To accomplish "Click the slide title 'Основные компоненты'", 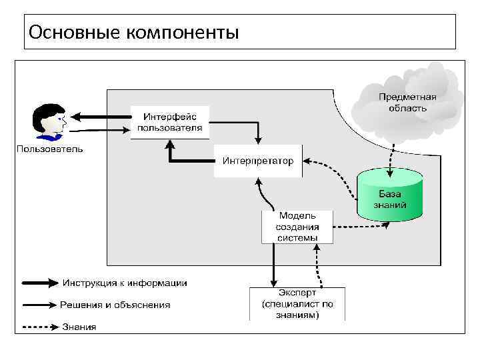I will [x=134, y=31].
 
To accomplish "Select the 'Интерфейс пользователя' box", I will [x=169, y=122].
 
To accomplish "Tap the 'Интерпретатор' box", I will [x=257, y=161].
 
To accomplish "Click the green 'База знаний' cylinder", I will [x=389, y=195].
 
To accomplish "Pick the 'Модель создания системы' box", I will [x=297, y=227].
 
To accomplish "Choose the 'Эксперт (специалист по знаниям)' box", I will [x=297, y=304].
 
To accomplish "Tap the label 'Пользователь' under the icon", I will [x=50, y=149].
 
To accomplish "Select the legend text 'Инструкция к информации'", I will [x=125, y=283].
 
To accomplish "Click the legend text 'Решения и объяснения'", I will [x=115, y=305].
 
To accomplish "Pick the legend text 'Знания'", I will [x=79, y=327].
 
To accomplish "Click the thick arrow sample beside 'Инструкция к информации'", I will [x=40, y=283].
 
